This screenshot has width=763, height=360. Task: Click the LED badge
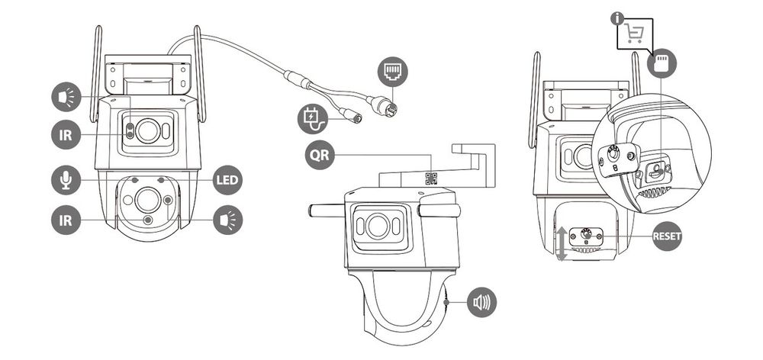point(227,180)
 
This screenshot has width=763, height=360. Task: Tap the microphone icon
point(66,180)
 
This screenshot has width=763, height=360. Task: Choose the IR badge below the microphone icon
point(66,220)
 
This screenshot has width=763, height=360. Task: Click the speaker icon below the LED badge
point(227,220)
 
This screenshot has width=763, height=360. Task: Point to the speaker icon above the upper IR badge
point(66,98)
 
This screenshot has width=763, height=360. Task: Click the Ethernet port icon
point(392,72)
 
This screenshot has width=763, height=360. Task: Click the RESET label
point(666,236)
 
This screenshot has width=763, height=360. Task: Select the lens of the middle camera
point(375,227)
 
